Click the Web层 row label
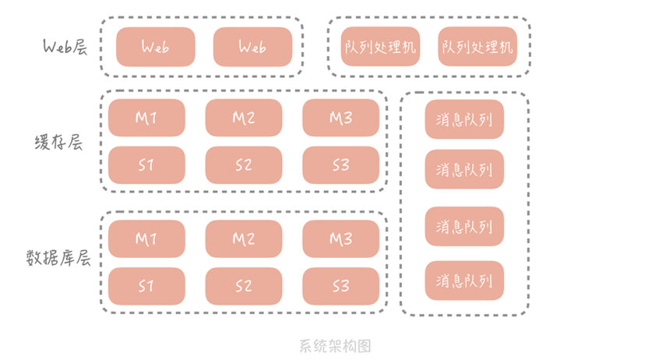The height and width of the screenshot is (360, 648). coord(65,47)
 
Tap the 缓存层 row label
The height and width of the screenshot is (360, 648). coord(58,143)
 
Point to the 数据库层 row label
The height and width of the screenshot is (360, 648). coord(58,259)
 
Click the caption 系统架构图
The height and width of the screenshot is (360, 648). coord(335,346)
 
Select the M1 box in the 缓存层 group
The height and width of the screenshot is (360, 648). coord(146,118)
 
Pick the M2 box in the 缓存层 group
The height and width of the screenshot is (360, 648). coord(244,118)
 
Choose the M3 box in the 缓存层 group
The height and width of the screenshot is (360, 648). coord(341,118)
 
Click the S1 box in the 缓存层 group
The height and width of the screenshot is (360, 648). coord(146,165)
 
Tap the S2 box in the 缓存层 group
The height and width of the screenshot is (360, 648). coord(244,165)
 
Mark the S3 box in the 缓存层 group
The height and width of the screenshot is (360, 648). coord(341,165)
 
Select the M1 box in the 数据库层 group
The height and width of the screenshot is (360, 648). coord(146,239)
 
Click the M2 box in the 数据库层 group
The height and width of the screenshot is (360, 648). coord(244,239)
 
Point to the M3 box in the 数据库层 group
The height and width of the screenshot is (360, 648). coord(341,239)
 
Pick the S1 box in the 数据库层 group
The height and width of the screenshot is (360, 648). coord(146,286)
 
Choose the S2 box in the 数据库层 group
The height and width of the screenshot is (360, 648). coord(244,286)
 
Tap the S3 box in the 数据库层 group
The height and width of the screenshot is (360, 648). coord(341,286)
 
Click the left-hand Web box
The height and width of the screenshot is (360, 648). coord(156,47)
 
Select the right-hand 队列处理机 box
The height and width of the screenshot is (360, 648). coord(477,47)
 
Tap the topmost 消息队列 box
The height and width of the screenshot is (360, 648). coord(464,119)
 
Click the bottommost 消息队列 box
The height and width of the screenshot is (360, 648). coord(464,281)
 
